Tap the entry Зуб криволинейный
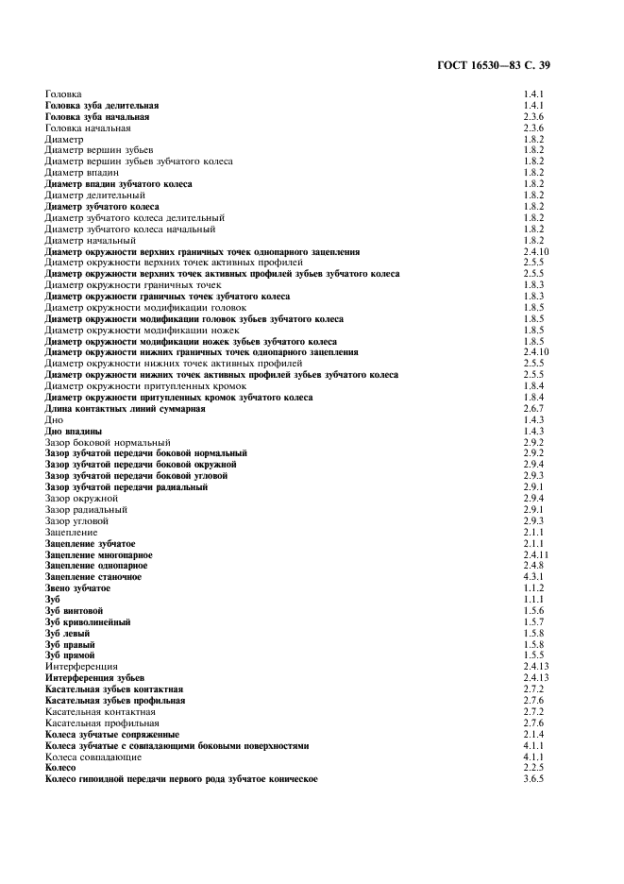(x=88, y=622)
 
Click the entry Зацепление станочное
(x=93, y=576)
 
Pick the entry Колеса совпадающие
(x=93, y=756)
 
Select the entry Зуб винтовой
(x=74, y=611)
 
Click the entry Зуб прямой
(x=70, y=654)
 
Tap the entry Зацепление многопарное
(x=98, y=554)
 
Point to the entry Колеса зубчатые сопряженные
(x=112, y=734)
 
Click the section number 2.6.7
(x=533, y=409)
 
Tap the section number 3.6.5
(x=533, y=779)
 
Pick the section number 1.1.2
(x=533, y=588)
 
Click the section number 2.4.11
(x=535, y=554)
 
